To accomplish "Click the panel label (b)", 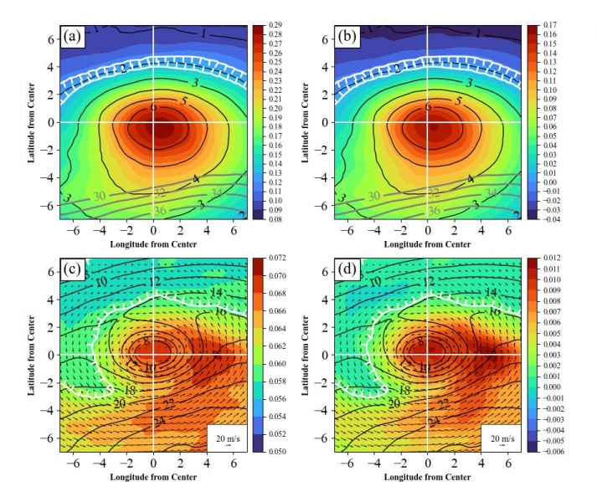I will coord(347,38).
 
